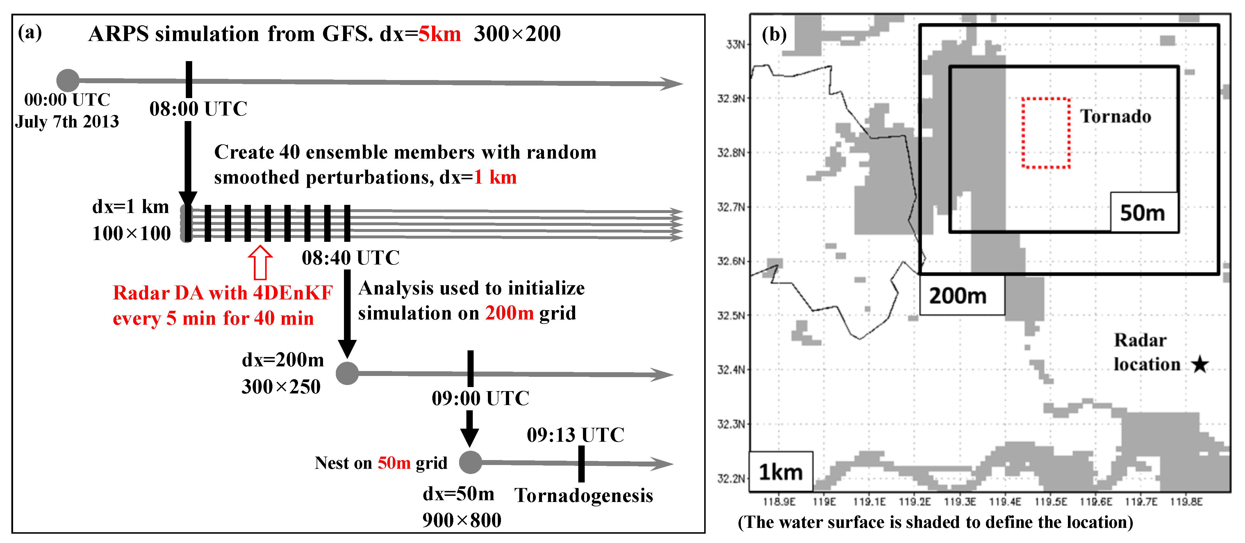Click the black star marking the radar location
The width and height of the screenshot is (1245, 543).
pos(1200,365)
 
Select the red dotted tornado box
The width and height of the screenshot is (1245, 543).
pos(1045,133)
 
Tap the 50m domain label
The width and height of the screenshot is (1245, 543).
pos(1143,213)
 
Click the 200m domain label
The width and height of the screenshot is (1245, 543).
pos(958,295)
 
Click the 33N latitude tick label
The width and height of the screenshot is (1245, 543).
pos(736,45)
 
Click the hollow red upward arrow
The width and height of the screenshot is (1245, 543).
pos(260,262)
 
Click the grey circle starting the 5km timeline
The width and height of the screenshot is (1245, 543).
pos(68,80)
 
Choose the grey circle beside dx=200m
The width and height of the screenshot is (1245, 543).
pos(347,373)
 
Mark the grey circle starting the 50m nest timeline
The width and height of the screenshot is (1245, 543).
pos(470,463)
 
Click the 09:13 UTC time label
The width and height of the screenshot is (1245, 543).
pos(575,435)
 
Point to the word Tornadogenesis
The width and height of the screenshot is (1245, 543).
pos(583,496)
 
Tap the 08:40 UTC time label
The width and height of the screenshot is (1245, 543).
pos(350,258)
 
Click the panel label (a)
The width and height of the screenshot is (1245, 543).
pos(30,33)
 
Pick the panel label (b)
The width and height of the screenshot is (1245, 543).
pos(774,35)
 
